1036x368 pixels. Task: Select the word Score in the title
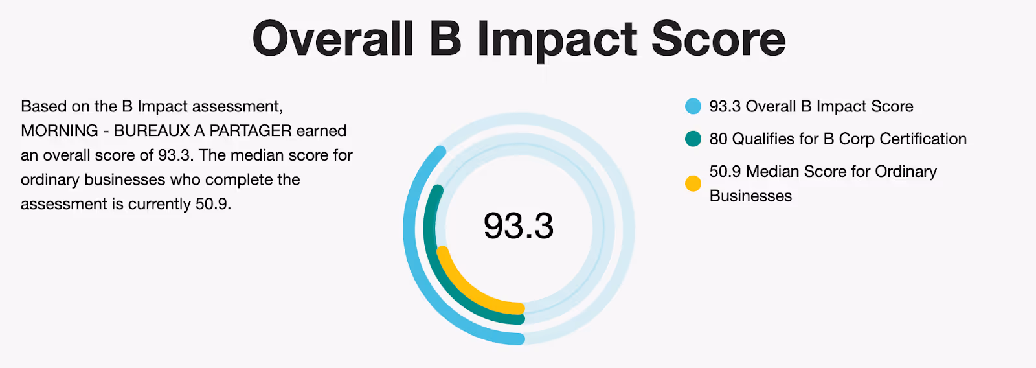(718, 39)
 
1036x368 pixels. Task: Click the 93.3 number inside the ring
(519, 226)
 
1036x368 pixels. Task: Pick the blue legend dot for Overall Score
(693, 106)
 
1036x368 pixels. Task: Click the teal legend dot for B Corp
(693, 139)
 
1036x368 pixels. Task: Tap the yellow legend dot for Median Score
(693, 183)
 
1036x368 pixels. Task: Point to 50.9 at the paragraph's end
(213, 204)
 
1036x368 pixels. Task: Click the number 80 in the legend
(718, 139)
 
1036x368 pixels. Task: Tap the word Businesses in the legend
(750, 196)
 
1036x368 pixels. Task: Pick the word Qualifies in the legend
(763, 139)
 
